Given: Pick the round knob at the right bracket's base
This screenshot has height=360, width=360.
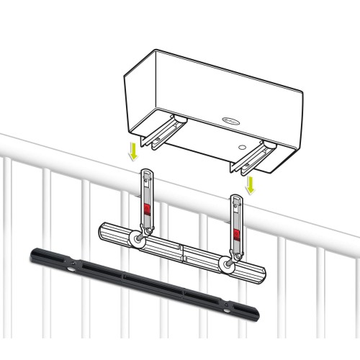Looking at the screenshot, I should tap(228, 266).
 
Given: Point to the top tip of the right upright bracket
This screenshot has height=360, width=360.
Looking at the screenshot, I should tap(236, 197).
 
